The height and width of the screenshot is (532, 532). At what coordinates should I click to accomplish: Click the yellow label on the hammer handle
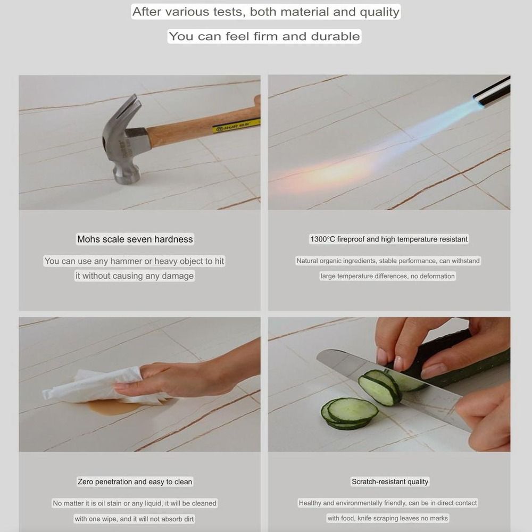pyautogui.click(x=236, y=126)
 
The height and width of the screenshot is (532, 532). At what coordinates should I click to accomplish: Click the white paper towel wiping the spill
pyautogui.click(x=98, y=387)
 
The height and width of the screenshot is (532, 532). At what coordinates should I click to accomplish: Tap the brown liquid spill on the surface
pyautogui.click(x=115, y=406)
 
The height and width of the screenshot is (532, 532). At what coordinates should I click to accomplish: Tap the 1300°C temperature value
pyautogui.click(x=322, y=239)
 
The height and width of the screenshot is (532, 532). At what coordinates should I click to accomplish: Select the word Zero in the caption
pyautogui.click(x=85, y=482)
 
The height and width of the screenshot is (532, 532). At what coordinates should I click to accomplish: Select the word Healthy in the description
pyautogui.click(x=310, y=503)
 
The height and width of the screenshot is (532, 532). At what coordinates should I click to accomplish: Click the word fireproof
pyautogui.click(x=351, y=239)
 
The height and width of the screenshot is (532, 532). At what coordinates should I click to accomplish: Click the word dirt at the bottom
pyautogui.click(x=188, y=519)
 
